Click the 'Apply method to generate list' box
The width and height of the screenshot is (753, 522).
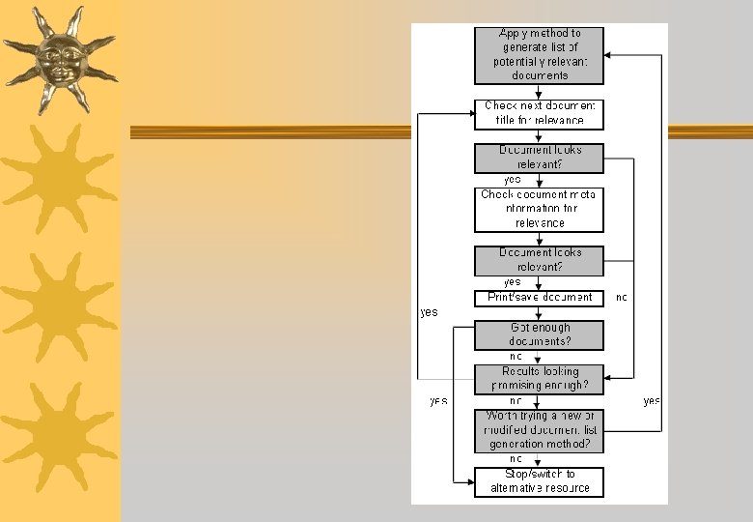(x=539, y=54)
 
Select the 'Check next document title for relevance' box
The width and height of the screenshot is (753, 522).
(x=539, y=113)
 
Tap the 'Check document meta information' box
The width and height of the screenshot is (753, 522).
(x=539, y=209)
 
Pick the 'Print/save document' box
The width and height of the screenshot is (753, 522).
(x=539, y=298)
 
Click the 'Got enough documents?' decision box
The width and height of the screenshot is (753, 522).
(x=539, y=334)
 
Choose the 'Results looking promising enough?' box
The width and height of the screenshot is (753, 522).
(x=539, y=378)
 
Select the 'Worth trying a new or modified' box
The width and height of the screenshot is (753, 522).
(x=539, y=430)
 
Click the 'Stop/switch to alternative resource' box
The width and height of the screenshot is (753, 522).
(x=539, y=481)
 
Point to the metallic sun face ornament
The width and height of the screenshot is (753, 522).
(x=59, y=59)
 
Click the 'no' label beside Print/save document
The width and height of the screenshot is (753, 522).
(x=621, y=298)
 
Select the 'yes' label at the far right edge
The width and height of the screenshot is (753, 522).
(x=652, y=400)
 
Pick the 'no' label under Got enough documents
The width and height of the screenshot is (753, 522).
(x=516, y=357)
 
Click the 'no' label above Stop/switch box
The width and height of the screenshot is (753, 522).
(x=516, y=459)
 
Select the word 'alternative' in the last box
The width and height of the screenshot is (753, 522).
(x=520, y=488)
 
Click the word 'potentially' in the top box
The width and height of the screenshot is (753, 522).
(x=519, y=61)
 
